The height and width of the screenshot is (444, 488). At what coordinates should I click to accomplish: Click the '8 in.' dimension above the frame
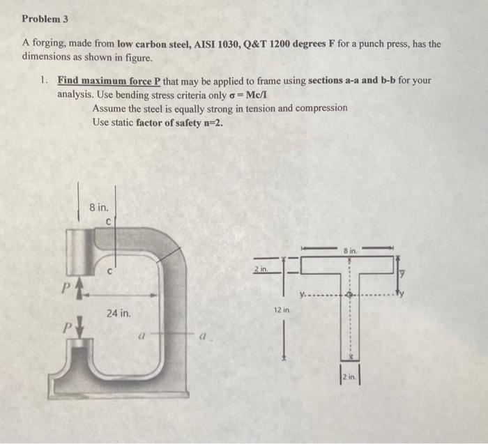[x=98, y=207]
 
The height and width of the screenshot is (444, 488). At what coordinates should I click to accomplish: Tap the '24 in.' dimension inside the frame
[x=119, y=314]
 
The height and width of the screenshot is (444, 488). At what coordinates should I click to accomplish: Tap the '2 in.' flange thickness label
[x=259, y=268]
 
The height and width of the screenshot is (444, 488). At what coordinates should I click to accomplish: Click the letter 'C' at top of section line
[x=109, y=222]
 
